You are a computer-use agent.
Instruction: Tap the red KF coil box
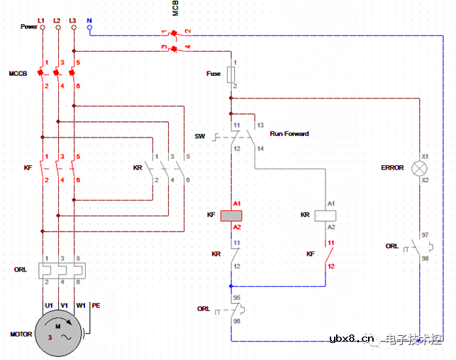click(x=232, y=215)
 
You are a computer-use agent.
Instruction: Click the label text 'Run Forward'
click(x=289, y=133)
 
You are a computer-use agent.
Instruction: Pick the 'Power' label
click(x=28, y=27)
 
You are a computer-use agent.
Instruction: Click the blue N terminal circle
click(x=89, y=27)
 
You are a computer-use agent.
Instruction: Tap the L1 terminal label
click(x=41, y=19)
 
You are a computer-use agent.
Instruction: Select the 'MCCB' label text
click(x=18, y=74)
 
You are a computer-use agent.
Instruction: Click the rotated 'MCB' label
click(x=175, y=9)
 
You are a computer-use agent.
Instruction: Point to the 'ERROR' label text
click(x=392, y=168)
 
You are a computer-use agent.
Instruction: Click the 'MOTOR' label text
click(x=21, y=334)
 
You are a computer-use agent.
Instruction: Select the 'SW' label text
click(x=199, y=135)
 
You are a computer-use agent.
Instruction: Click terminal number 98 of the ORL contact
click(x=425, y=259)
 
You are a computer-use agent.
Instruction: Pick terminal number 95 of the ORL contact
click(x=237, y=298)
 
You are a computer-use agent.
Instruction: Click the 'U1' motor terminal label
click(x=49, y=305)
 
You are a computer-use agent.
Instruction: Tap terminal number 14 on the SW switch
click(x=260, y=148)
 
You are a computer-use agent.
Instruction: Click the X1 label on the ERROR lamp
click(x=426, y=155)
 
